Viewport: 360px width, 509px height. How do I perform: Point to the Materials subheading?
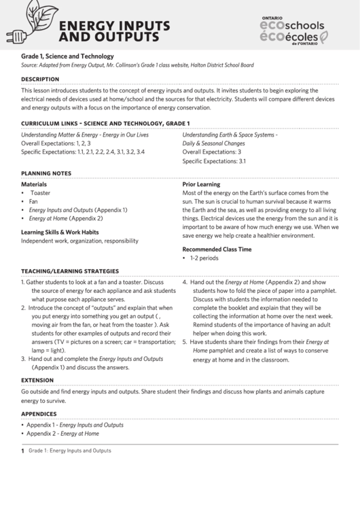34,184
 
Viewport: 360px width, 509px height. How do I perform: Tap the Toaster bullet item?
40,193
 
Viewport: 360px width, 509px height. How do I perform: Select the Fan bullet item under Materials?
34,202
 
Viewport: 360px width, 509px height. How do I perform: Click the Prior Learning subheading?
201,184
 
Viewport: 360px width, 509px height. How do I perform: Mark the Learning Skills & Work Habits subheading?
69,231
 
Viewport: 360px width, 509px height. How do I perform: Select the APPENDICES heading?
39,413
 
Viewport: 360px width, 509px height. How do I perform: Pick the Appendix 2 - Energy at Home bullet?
62,433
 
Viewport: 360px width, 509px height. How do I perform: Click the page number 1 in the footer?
22,451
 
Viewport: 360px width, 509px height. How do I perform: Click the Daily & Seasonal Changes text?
213,144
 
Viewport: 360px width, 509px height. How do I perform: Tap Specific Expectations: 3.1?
214,162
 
